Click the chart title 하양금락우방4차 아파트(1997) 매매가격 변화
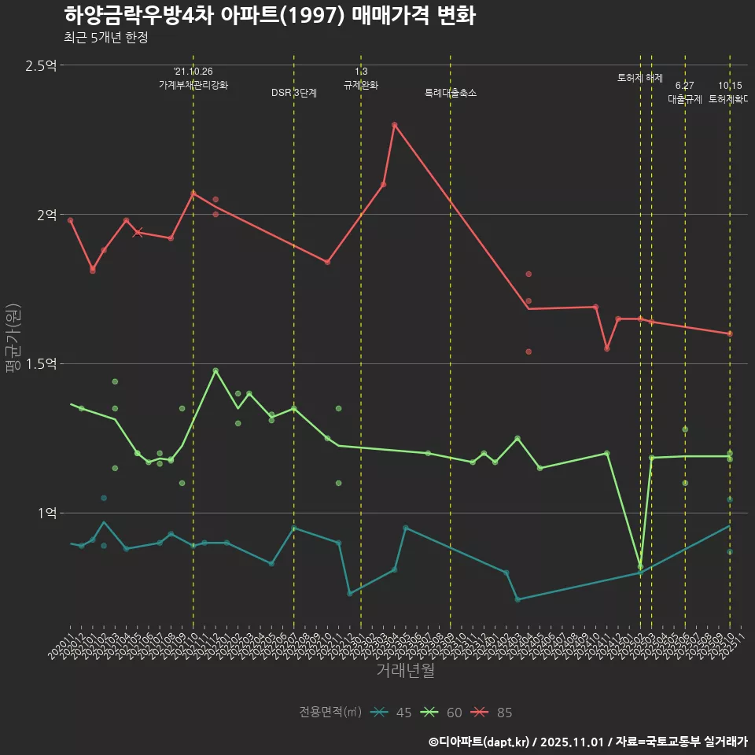269,16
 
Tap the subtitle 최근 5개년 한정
105,37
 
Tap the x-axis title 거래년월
405,670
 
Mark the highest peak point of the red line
395,125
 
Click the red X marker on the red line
138,232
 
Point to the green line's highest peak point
215,370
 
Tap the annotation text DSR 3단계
294,93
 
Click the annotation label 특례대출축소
451,93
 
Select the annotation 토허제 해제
640,78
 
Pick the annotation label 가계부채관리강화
193,85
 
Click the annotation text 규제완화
361,85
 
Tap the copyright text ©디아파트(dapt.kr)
481,742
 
